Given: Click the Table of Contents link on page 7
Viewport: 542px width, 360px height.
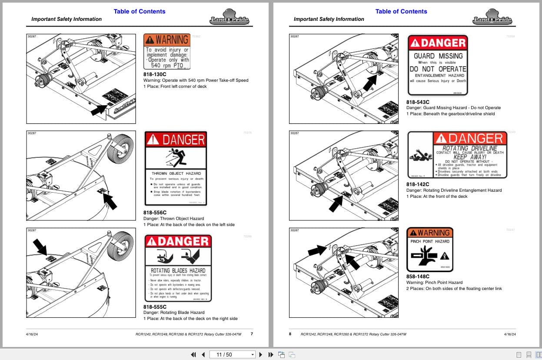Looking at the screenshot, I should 140,11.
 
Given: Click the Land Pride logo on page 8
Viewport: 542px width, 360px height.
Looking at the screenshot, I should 492,17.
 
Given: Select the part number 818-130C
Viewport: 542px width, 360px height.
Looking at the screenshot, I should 155,74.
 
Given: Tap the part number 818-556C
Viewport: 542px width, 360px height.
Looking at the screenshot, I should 155,213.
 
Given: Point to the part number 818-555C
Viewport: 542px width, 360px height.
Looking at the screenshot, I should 155,307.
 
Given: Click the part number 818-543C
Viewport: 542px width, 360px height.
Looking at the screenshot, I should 418,102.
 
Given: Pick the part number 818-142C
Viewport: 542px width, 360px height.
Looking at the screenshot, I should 418,184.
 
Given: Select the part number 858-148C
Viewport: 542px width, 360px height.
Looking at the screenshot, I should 418,277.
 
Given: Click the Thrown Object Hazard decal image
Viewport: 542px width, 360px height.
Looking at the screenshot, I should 176,168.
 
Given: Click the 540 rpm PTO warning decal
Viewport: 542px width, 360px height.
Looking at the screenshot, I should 167,51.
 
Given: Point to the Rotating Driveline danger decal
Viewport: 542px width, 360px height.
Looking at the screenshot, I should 457,155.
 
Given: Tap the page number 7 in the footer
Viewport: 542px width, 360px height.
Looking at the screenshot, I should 252,334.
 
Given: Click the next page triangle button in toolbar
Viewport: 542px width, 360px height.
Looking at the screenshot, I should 261,354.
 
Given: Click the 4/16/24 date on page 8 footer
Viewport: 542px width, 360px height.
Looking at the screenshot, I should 509,334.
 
